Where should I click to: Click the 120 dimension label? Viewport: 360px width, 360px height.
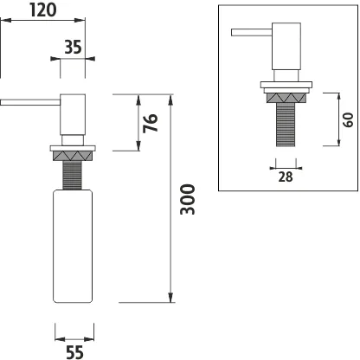pyautogui.click(x=43, y=10)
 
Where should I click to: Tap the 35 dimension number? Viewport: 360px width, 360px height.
pyautogui.click(x=73, y=47)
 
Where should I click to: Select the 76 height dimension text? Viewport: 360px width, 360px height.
pyautogui.click(x=151, y=123)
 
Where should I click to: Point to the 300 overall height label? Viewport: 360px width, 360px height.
pyautogui.click(x=188, y=199)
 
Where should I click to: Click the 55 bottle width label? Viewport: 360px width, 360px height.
pyautogui.click(x=74, y=352)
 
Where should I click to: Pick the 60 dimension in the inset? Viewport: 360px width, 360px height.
pyautogui.click(x=348, y=119)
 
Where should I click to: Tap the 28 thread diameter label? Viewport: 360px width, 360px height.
pyautogui.click(x=286, y=177)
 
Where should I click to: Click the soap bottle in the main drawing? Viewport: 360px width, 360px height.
pyautogui.click(x=73, y=246)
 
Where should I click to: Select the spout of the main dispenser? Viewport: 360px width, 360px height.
pyautogui.click(x=30, y=102)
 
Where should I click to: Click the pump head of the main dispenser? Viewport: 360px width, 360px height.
pyautogui.click(x=73, y=114)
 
